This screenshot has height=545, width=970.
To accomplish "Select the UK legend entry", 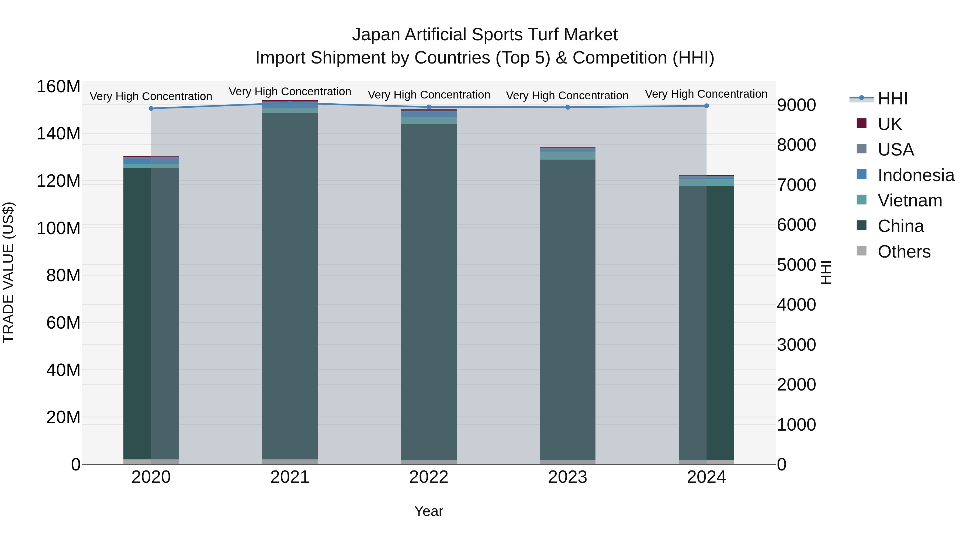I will pyautogui.click(x=889, y=124).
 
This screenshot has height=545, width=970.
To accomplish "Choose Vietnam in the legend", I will pyautogui.click(x=909, y=201).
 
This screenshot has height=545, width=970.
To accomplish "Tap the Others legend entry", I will pyautogui.click(x=903, y=252).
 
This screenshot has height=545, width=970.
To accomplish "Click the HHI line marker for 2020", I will pyautogui.click(x=151, y=108).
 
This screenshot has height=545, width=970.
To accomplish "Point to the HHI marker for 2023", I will pyautogui.click(x=567, y=107).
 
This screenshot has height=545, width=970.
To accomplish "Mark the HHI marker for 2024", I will pyautogui.click(x=706, y=106).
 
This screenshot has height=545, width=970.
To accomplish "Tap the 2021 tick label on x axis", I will pyautogui.click(x=290, y=477).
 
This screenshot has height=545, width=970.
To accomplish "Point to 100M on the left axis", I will pyautogui.click(x=58, y=228).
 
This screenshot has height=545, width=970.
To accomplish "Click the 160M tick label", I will pyautogui.click(x=58, y=87).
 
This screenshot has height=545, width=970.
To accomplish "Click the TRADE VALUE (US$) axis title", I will pyautogui.click(x=8, y=272).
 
